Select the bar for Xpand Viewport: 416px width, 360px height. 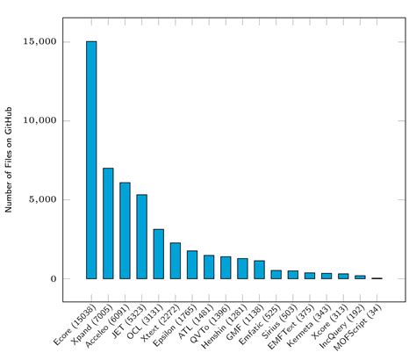point(108,223)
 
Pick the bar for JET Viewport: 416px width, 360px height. point(141,236)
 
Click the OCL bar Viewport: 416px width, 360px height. point(158,254)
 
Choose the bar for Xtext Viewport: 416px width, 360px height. point(176,261)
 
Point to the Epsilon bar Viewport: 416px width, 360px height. point(192,264)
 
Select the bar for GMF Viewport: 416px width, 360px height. point(259,270)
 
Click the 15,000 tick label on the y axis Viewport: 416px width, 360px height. point(41,41)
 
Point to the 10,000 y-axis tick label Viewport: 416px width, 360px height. point(41,120)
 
